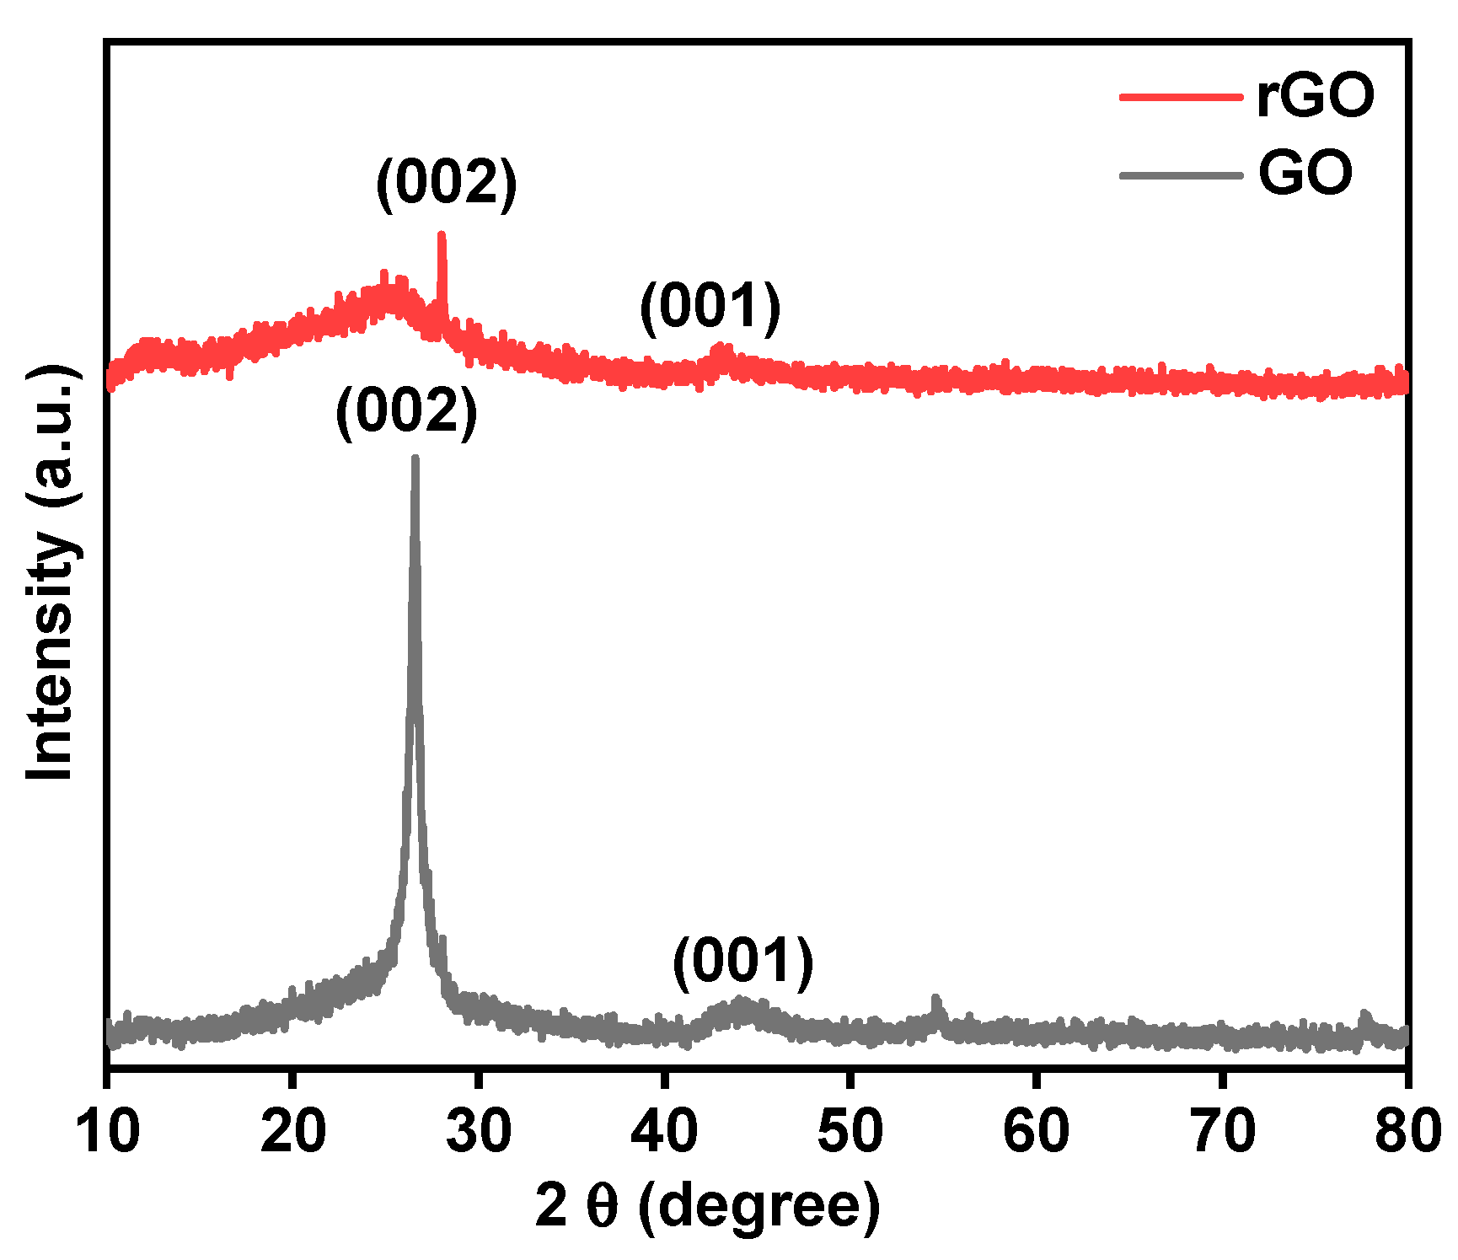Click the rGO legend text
(1315, 97)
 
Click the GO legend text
(1305, 174)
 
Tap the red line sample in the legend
(1181, 97)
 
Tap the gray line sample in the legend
(1181, 175)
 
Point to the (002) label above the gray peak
(406, 412)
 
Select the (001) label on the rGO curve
(710, 307)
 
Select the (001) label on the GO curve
(742, 962)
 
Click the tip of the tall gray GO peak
(415, 460)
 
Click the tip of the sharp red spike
(441, 237)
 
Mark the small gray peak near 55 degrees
(935, 1000)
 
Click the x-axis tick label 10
(107, 1131)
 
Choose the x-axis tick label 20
(292, 1131)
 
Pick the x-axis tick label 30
(479, 1131)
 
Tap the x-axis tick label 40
(664, 1131)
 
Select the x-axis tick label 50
(850, 1131)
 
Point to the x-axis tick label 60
(1036, 1131)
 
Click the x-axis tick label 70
(1221, 1131)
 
